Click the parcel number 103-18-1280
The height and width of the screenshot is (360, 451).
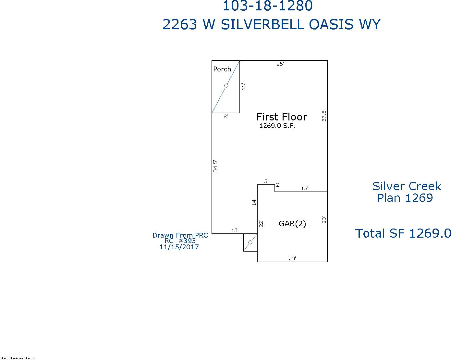(267, 6)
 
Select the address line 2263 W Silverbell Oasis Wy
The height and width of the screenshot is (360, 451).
(271, 25)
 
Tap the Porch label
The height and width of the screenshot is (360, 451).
(222, 69)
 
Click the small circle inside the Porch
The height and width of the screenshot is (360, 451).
(226, 86)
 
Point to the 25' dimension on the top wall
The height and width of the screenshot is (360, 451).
(280, 64)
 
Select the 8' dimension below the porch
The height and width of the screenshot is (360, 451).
(225, 117)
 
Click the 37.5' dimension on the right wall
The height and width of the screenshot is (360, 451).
(324, 115)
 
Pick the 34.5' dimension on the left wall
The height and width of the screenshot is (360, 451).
(215, 166)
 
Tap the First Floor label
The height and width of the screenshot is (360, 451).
(281, 117)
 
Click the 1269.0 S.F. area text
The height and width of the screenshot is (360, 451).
(277, 126)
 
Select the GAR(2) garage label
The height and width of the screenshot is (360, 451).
(292, 224)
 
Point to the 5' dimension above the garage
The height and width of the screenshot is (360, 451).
(266, 181)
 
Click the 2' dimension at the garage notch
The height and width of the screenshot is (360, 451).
(278, 185)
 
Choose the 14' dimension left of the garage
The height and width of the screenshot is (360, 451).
(254, 202)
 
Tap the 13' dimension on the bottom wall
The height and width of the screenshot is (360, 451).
(235, 230)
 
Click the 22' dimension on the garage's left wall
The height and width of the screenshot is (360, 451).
(261, 223)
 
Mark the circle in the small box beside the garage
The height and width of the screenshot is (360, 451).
(250, 242)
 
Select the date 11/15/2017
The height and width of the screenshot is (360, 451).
(179, 247)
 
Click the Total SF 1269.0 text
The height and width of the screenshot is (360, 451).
(403, 233)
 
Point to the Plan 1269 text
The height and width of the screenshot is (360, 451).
(405, 198)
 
